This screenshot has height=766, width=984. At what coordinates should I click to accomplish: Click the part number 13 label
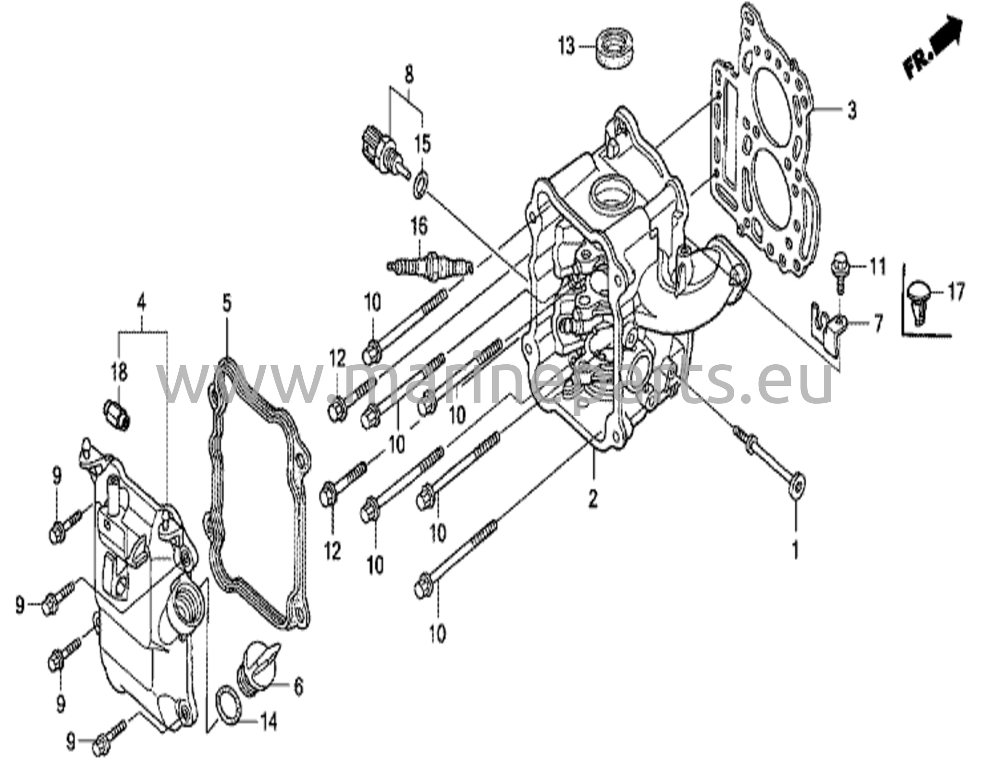[566, 47]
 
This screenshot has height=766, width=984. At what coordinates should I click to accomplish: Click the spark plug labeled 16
[430, 265]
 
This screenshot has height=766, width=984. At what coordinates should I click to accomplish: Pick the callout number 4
[141, 303]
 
